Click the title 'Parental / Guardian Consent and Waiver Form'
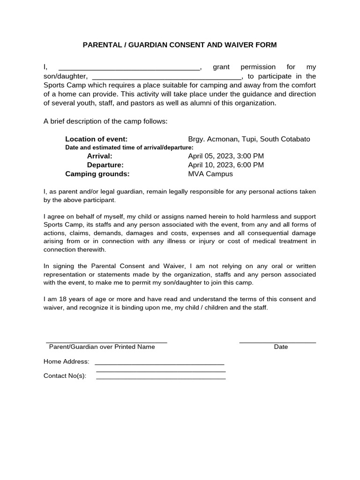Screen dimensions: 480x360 coord(180,45)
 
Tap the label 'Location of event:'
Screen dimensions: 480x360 coord(96,139)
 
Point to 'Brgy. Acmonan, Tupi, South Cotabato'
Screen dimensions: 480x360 coord(249,139)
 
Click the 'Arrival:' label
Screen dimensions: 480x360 coord(99,156)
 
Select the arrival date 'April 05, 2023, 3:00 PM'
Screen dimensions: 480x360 coord(226,156)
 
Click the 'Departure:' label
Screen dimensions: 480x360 coord(105,165)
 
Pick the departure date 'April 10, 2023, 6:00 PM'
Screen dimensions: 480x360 coord(226,165)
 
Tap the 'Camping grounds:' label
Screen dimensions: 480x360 coord(97,174)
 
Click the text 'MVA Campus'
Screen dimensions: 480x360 coord(210,174)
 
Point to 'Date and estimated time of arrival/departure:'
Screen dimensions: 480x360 coord(129,148)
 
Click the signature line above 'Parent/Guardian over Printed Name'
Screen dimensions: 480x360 coord(106,343)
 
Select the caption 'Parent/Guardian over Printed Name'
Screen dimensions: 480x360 coord(102,347)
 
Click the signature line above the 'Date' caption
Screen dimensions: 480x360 coord(277,343)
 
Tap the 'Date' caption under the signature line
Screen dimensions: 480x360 coord(281,347)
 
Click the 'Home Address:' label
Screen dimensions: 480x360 coord(66,361)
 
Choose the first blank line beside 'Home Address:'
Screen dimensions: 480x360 coord(159,364)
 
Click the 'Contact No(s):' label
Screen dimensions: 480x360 coord(65,375)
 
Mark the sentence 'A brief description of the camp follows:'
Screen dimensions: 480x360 coord(105,121)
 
